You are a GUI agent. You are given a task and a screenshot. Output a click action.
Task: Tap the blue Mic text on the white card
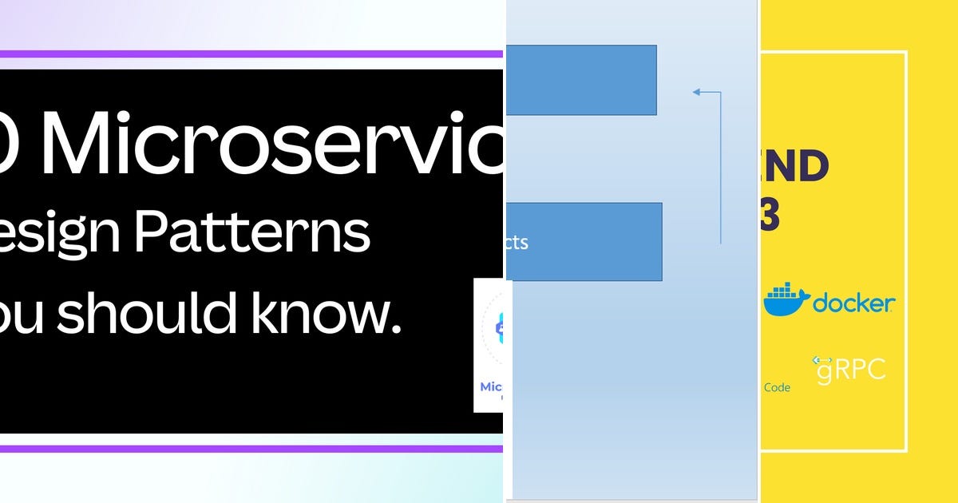tap(490, 387)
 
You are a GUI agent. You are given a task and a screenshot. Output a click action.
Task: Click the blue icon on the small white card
tap(501, 327)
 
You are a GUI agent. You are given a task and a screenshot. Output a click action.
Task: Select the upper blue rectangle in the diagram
tap(581, 80)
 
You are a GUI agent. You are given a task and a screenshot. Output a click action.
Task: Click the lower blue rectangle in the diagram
tap(584, 242)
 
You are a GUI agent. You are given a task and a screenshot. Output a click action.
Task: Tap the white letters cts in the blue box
tap(517, 243)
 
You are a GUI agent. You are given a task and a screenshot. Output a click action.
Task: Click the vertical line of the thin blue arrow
tap(721, 168)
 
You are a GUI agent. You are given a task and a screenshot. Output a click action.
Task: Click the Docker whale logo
tap(786, 300)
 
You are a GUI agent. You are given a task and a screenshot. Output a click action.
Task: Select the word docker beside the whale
tap(853, 303)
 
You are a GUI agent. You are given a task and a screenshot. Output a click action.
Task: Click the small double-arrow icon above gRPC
tap(822, 361)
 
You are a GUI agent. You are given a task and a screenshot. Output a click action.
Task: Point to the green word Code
tap(777, 388)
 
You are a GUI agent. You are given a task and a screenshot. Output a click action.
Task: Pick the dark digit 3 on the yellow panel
tap(770, 216)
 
